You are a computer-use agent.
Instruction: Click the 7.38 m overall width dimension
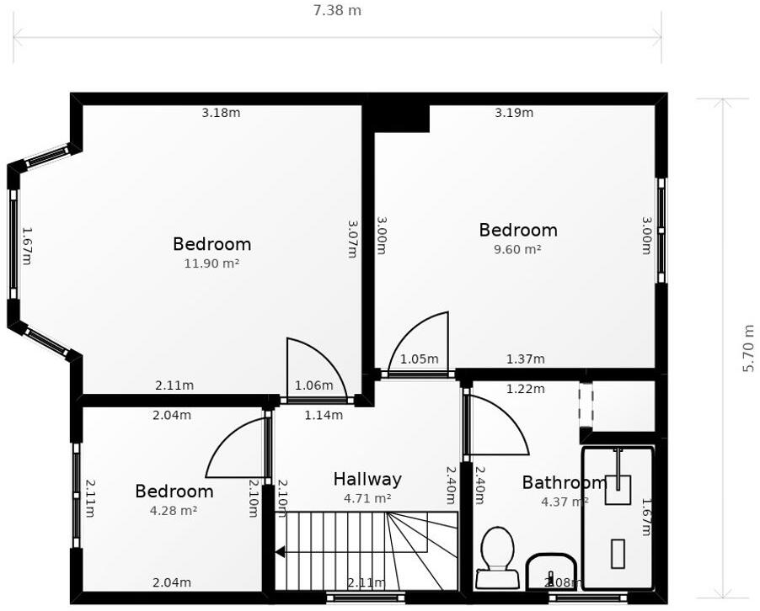(337, 11)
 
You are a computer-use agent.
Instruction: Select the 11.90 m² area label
(211, 263)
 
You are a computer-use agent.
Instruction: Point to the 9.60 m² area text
(517, 249)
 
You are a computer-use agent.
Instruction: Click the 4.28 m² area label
(174, 510)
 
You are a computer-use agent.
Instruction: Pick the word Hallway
(367, 480)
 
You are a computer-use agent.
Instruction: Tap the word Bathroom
(564, 483)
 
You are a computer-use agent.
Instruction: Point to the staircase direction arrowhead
(280, 552)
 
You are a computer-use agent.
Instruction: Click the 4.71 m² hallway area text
(367, 498)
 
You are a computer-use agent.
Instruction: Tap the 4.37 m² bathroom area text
(564, 502)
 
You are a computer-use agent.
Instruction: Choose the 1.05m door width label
(419, 359)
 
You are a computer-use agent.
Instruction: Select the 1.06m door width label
(313, 386)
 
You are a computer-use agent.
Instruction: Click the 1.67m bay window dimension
(26, 245)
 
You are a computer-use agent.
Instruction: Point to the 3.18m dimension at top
(221, 113)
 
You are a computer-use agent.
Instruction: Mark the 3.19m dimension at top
(514, 113)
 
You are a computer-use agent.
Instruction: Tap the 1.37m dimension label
(525, 359)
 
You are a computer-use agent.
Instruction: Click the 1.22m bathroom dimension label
(525, 389)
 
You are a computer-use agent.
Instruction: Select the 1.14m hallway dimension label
(324, 415)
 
